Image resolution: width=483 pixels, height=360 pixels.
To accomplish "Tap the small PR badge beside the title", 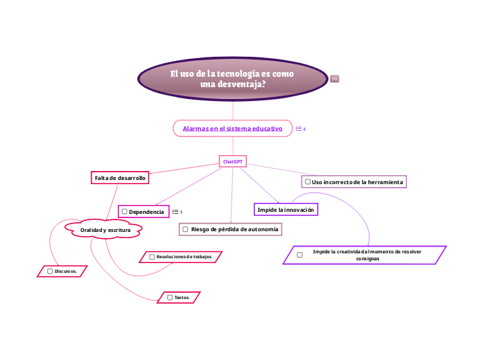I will pos(335,79).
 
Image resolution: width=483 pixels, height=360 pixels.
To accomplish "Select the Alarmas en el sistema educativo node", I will pos(232,129).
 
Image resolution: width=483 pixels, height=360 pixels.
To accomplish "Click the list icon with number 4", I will pos(300,129).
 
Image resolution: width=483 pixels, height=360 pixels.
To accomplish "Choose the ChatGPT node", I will pos(232,161).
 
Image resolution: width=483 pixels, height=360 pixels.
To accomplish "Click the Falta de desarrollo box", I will pos(120,178).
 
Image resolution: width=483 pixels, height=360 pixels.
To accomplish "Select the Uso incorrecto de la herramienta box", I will pos(353,181).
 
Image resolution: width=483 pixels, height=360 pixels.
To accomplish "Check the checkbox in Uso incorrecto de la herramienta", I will pos(307,181).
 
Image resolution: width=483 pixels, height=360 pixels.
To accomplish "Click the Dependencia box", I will pos(143,211).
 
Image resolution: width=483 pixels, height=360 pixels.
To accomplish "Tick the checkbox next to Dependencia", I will pos(124,211).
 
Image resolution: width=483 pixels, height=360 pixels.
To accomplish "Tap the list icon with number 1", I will pos(176,211).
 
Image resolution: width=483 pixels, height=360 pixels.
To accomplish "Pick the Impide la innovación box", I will pos(286,209).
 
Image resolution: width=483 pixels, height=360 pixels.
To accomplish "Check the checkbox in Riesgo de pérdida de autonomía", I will pos(185,228).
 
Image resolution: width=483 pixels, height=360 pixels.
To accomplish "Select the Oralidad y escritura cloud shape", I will pos(103,229).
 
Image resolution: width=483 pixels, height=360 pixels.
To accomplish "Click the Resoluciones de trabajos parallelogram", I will pos(180,257).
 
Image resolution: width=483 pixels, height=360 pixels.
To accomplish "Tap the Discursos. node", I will pos(62,271).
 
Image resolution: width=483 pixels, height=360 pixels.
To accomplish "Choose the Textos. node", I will pos(179,297).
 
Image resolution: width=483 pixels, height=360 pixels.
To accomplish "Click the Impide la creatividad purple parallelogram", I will pos(365,255).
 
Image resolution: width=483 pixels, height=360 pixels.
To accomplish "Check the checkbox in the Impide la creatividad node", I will pos(299,255).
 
